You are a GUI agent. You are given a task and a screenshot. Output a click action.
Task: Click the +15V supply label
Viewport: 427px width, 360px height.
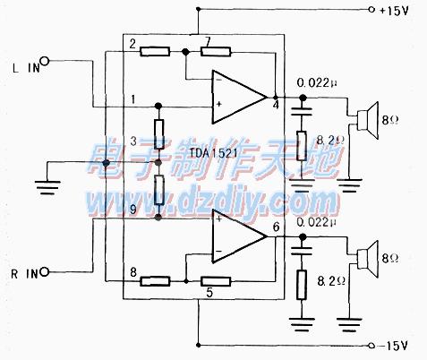point(393,11)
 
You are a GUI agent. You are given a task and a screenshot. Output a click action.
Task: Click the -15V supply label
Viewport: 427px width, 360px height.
point(393,346)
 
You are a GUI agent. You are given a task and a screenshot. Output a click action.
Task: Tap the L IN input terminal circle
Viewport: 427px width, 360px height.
point(45,62)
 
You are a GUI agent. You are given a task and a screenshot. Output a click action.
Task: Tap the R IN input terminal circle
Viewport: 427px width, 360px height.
point(45,271)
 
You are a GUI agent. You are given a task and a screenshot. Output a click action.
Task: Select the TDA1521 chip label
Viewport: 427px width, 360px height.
point(214,153)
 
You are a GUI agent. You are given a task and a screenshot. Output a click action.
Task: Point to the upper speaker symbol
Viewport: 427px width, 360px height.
point(368,120)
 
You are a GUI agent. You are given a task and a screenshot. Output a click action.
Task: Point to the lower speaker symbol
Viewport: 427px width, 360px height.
point(368,259)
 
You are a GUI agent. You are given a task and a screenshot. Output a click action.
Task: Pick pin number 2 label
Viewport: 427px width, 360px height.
point(132,44)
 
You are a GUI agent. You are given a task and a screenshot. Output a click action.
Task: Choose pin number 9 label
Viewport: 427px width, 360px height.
point(133,209)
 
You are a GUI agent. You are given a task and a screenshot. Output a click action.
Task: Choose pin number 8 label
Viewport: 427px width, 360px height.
point(133,272)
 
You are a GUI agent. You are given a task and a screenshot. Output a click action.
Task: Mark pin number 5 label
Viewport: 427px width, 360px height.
point(209,293)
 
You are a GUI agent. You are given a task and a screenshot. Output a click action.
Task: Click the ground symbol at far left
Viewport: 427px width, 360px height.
point(47,187)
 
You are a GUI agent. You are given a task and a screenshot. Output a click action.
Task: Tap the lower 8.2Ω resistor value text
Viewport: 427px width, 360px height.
point(331,281)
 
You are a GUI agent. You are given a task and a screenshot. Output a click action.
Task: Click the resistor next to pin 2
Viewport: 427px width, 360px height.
point(155,52)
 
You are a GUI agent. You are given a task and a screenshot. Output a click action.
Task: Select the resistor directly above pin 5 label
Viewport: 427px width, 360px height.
point(216,281)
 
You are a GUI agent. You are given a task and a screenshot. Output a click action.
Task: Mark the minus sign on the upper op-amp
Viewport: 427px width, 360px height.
point(218,81)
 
